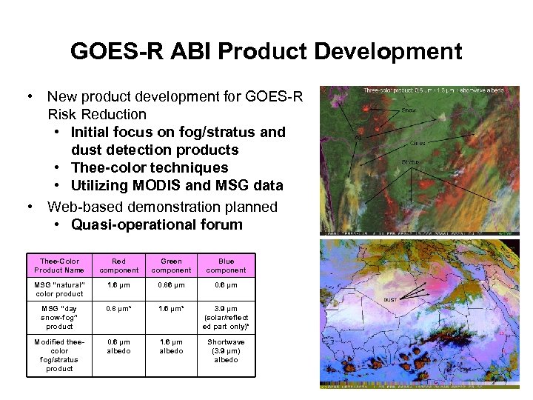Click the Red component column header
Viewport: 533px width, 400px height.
(x=118, y=265)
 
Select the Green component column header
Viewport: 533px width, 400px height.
(x=171, y=265)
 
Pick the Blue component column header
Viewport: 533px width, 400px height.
(x=226, y=265)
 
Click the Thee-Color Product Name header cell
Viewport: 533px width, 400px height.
(x=59, y=265)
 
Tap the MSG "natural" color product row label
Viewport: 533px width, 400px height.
(x=59, y=289)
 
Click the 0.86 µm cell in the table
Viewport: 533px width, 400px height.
(x=171, y=284)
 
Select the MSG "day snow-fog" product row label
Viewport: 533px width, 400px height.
(x=59, y=317)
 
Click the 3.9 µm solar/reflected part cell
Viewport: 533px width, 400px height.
(x=226, y=317)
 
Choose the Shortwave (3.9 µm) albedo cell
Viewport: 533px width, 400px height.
(x=226, y=350)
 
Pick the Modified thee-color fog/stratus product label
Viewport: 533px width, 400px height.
(x=59, y=355)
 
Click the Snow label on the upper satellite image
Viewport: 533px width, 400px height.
(x=409, y=110)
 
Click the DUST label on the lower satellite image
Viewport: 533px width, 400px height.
(x=391, y=300)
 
